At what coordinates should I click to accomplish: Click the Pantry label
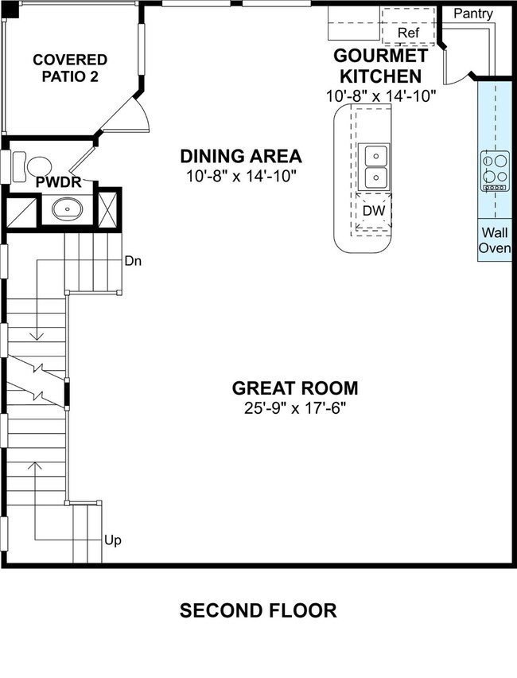(473, 14)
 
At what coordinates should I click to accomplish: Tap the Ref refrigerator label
(409, 33)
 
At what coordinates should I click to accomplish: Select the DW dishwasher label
(374, 211)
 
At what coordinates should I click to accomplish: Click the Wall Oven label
(495, 240)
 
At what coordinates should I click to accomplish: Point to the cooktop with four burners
(496, 171)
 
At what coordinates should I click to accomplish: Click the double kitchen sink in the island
(375, 166)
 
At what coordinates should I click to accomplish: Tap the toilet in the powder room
(32, 166)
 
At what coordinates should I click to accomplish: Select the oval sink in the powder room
(67, 209)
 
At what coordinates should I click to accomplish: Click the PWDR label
(58, 182)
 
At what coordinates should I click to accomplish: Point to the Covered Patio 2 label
(70, 68)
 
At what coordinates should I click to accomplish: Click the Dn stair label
(133, 261)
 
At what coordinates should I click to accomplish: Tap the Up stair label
(113, 540)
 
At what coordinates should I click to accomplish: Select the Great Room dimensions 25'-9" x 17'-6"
(296, 407)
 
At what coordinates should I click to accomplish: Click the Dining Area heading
(241, 156)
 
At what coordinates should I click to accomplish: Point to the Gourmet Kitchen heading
(380, 66)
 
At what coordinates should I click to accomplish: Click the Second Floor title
(258, 610)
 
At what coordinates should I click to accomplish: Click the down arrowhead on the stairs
(37, 335)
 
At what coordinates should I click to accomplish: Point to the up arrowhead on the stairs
(35, 466)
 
